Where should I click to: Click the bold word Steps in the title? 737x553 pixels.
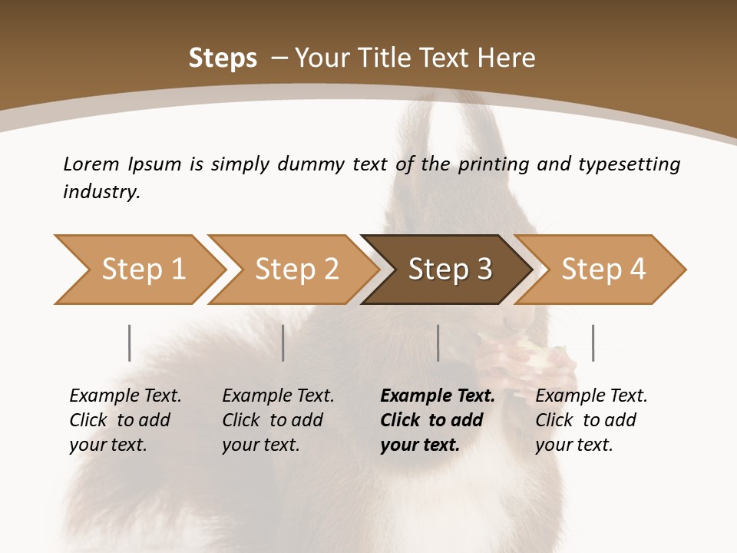click(x=223, y=58)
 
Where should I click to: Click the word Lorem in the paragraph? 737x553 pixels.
click(x=91, y=164)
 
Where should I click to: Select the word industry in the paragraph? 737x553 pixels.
click(x=101, y=192)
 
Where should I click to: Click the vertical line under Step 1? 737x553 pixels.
click(x=130, y=343)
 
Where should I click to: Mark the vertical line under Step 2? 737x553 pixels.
click(x=283, y=343)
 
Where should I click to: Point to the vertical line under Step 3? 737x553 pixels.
click(x=438, y=343)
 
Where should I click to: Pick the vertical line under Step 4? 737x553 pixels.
click(x=593, y=343)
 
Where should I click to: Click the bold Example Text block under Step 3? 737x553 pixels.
click(x=438, y=420)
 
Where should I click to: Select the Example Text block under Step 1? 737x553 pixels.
click(x=125, y=420)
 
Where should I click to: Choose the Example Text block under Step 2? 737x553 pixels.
click(x=278, y=420)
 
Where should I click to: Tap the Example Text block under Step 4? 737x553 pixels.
click(x=591, y=420)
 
